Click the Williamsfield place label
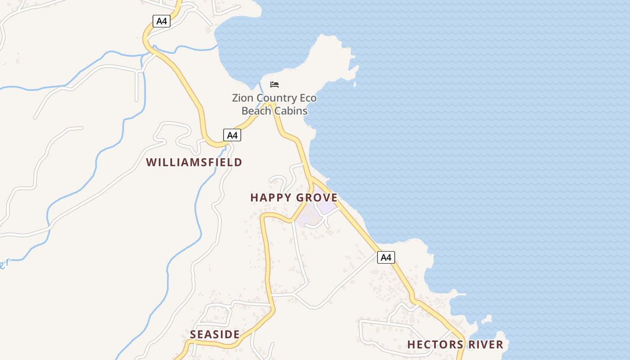tap(194, 162)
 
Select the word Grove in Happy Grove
tap(317, 198)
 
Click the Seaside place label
tap(215, 334)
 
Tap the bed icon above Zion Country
tap(274, 85)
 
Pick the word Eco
tap(308, 98)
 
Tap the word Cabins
tap(291, 111)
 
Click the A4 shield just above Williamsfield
tap(232, 135)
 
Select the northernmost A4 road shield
tap(161, 21)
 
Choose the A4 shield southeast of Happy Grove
tap(386, 257)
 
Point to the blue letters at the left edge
tap(4, 264)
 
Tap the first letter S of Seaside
tap(193, 334)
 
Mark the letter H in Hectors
tap(411, 345)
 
